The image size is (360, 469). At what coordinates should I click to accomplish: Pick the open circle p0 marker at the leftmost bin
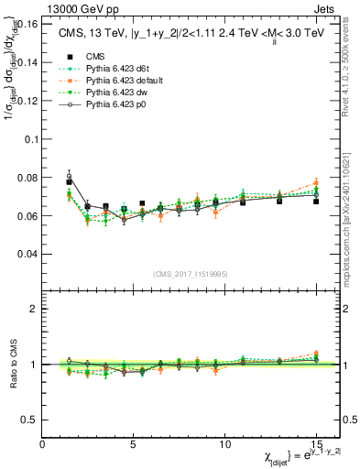(x=69, y=177)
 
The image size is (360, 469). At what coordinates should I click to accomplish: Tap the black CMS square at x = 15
(x=316, y=201)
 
